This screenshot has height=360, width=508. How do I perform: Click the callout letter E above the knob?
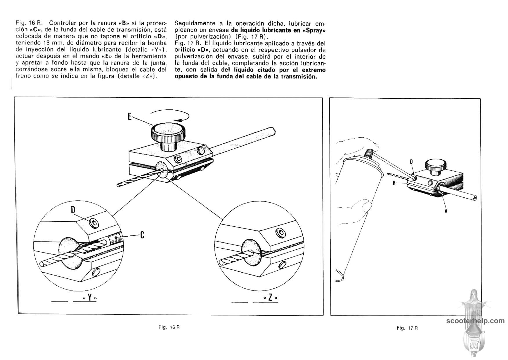130,117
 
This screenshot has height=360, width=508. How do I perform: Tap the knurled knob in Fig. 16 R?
168,133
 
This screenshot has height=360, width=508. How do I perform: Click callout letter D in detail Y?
73,210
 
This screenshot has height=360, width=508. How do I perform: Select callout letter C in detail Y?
142,235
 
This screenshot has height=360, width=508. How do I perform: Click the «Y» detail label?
90,298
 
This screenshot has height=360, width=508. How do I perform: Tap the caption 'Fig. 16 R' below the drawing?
169,327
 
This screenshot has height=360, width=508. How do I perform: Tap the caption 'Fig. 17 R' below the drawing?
407,328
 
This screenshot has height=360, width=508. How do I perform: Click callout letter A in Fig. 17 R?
446,211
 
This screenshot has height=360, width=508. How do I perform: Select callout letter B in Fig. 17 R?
394,183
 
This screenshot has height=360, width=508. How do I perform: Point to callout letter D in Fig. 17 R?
411,162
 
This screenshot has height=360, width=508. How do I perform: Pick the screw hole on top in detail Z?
280,232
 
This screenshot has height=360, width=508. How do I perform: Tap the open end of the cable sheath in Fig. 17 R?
475,199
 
